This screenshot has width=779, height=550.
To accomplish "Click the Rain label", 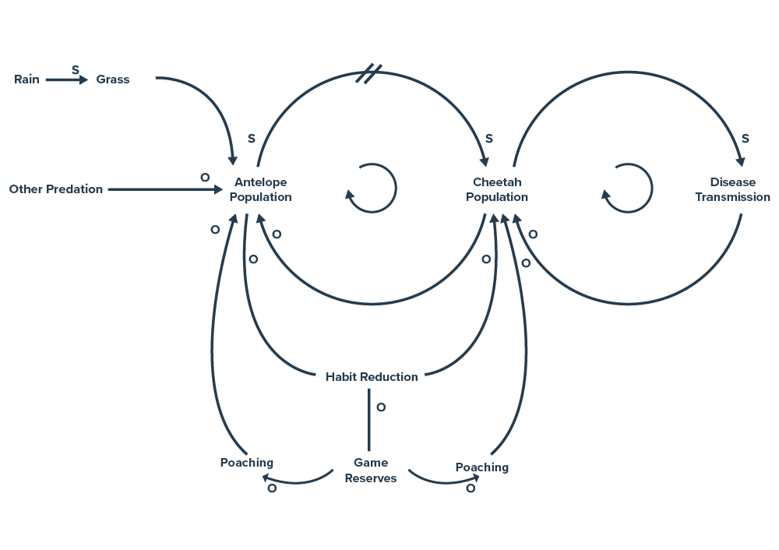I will pyautogui.click(x=26, y=79).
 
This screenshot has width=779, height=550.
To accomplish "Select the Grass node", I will pyautogui.click(x=113, y=79).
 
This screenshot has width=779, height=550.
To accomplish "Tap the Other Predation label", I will pyautogui.click(x=55, y=189).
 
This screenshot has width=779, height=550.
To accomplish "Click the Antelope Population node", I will pyautogui.click(x=260, y=189).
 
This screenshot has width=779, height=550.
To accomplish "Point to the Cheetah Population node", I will pyautogui.click(x=497, y=189).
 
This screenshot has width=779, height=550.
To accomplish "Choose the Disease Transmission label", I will pyautogui.click(x=732, y=189).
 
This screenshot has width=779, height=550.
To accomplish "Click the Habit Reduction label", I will pyautogui.click(x=372, y=377).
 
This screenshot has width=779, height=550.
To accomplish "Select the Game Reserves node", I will pyautogui.click(x=371, y=471).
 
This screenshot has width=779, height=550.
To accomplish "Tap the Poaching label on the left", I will pyautogui.click(x=247, y=463).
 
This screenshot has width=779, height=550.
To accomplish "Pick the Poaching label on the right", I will pyautogui.click(x=482, y=467).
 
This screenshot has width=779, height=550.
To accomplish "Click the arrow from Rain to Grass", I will pyautogui.click(x=66, y=79).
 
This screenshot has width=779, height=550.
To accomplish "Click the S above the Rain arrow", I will pyautogui.click(x=76, y=69).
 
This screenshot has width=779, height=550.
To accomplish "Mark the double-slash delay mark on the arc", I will pyautogui.click(x=368, y=74).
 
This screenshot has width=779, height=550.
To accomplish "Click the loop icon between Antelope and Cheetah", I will pyautogui.click(x=372, y=189).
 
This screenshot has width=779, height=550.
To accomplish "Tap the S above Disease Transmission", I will pyautogui.click(x=745, y=139).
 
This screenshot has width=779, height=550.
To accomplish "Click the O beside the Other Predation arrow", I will pyautogui.click(x=205, y=178).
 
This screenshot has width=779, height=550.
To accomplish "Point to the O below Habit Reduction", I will pyautogui.click(x=381, y=407).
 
